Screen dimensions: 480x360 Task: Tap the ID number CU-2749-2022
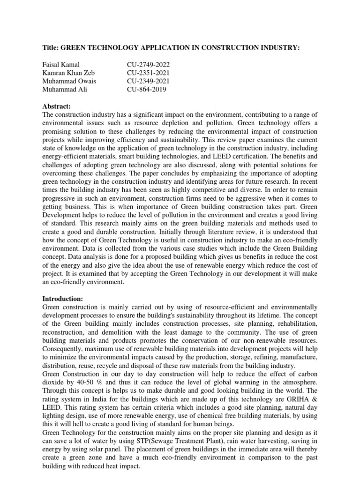148,65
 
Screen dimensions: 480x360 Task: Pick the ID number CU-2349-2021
148,82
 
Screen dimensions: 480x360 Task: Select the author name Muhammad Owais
69,82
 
